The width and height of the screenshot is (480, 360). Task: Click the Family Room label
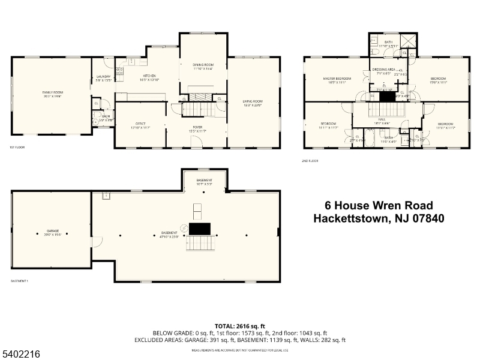point(53,92)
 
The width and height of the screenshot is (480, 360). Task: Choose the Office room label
point(140,125)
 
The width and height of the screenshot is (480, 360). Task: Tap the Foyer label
point(197,127)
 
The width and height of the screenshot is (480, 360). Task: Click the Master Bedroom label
point(336,79)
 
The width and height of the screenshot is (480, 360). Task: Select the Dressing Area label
point(384,70)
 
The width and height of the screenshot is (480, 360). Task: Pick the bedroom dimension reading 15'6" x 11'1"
point(439,83)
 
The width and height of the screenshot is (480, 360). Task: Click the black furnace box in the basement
point(200,229)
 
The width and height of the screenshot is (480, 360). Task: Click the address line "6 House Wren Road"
point(379,206)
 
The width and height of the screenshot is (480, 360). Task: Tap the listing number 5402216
point(22,354)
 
